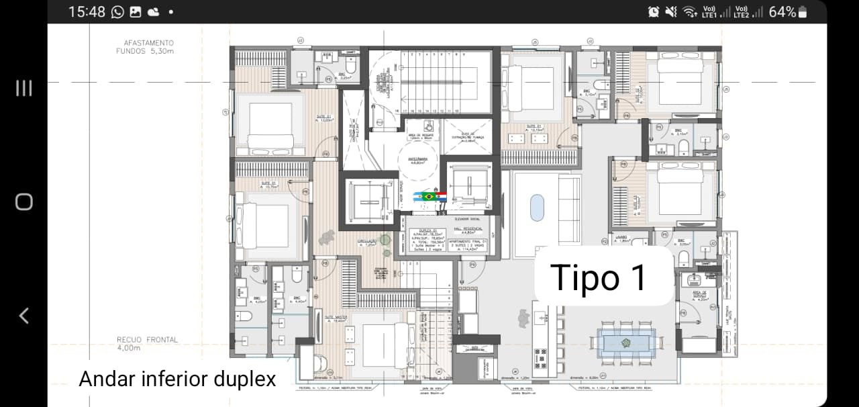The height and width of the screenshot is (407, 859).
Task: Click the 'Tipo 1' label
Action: [x=599, y=277]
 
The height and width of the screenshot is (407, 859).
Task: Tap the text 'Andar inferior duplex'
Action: [x=177, y=379]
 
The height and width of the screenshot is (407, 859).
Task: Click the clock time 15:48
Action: [x=87, y=11]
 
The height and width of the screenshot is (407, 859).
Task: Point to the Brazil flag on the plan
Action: [x=427, y=196]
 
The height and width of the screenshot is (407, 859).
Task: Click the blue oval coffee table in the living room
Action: [x=537, y=208]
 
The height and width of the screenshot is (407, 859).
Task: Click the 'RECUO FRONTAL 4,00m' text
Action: [x=147, y=344]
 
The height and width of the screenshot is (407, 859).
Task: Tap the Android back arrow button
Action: [x=23, y=315]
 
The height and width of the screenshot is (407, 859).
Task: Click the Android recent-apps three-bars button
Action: [x=23, y=88]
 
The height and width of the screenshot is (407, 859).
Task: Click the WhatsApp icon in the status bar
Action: [x=117, y=11]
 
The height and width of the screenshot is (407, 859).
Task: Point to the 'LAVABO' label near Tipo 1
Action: [x=619, y=237]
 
